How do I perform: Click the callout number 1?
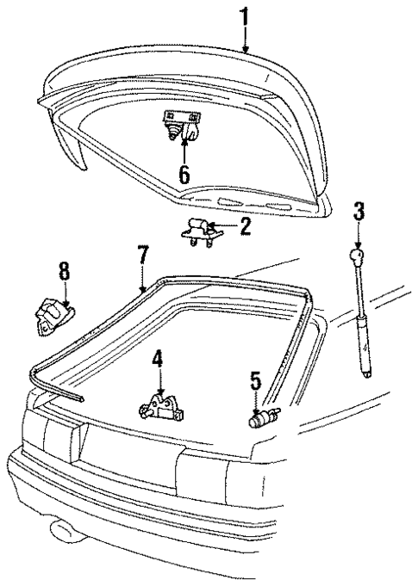[x=246, y=15]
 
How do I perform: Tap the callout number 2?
[x=246, y=227]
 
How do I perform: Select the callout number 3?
[x=359, y=213]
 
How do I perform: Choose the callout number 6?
[x=184, y=174]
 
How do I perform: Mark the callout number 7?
[x=144, y=255]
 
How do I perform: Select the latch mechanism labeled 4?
[x=160, y=405]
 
